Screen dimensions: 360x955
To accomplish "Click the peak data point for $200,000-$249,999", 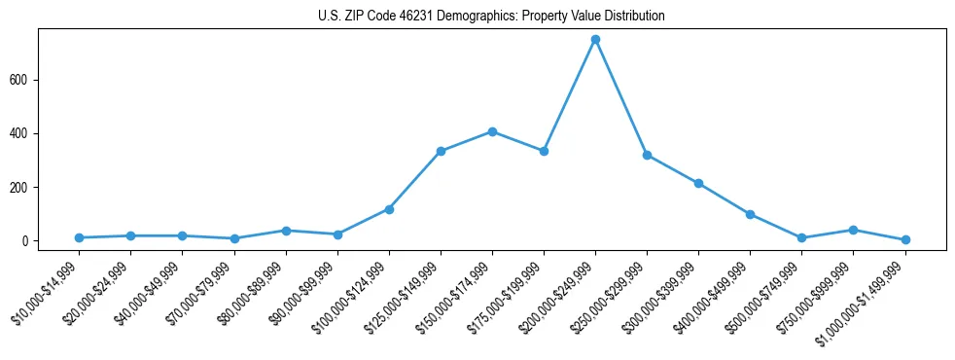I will [595, 40].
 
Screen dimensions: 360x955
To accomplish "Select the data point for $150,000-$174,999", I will [492, 131].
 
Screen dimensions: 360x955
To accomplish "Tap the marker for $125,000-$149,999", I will [441, 151].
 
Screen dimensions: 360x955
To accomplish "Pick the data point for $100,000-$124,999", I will [389, 209].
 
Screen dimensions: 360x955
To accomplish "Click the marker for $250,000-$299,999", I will [647, 155].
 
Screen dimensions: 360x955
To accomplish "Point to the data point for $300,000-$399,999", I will [698, 183].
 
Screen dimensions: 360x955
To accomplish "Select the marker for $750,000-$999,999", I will [853, 230].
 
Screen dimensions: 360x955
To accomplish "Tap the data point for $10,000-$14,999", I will [79, 237].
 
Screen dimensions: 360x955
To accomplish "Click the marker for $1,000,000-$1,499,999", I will [905, 239].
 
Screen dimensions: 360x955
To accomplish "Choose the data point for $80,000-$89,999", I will [286, 231].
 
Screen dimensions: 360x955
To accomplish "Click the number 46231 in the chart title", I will [415, 17].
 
